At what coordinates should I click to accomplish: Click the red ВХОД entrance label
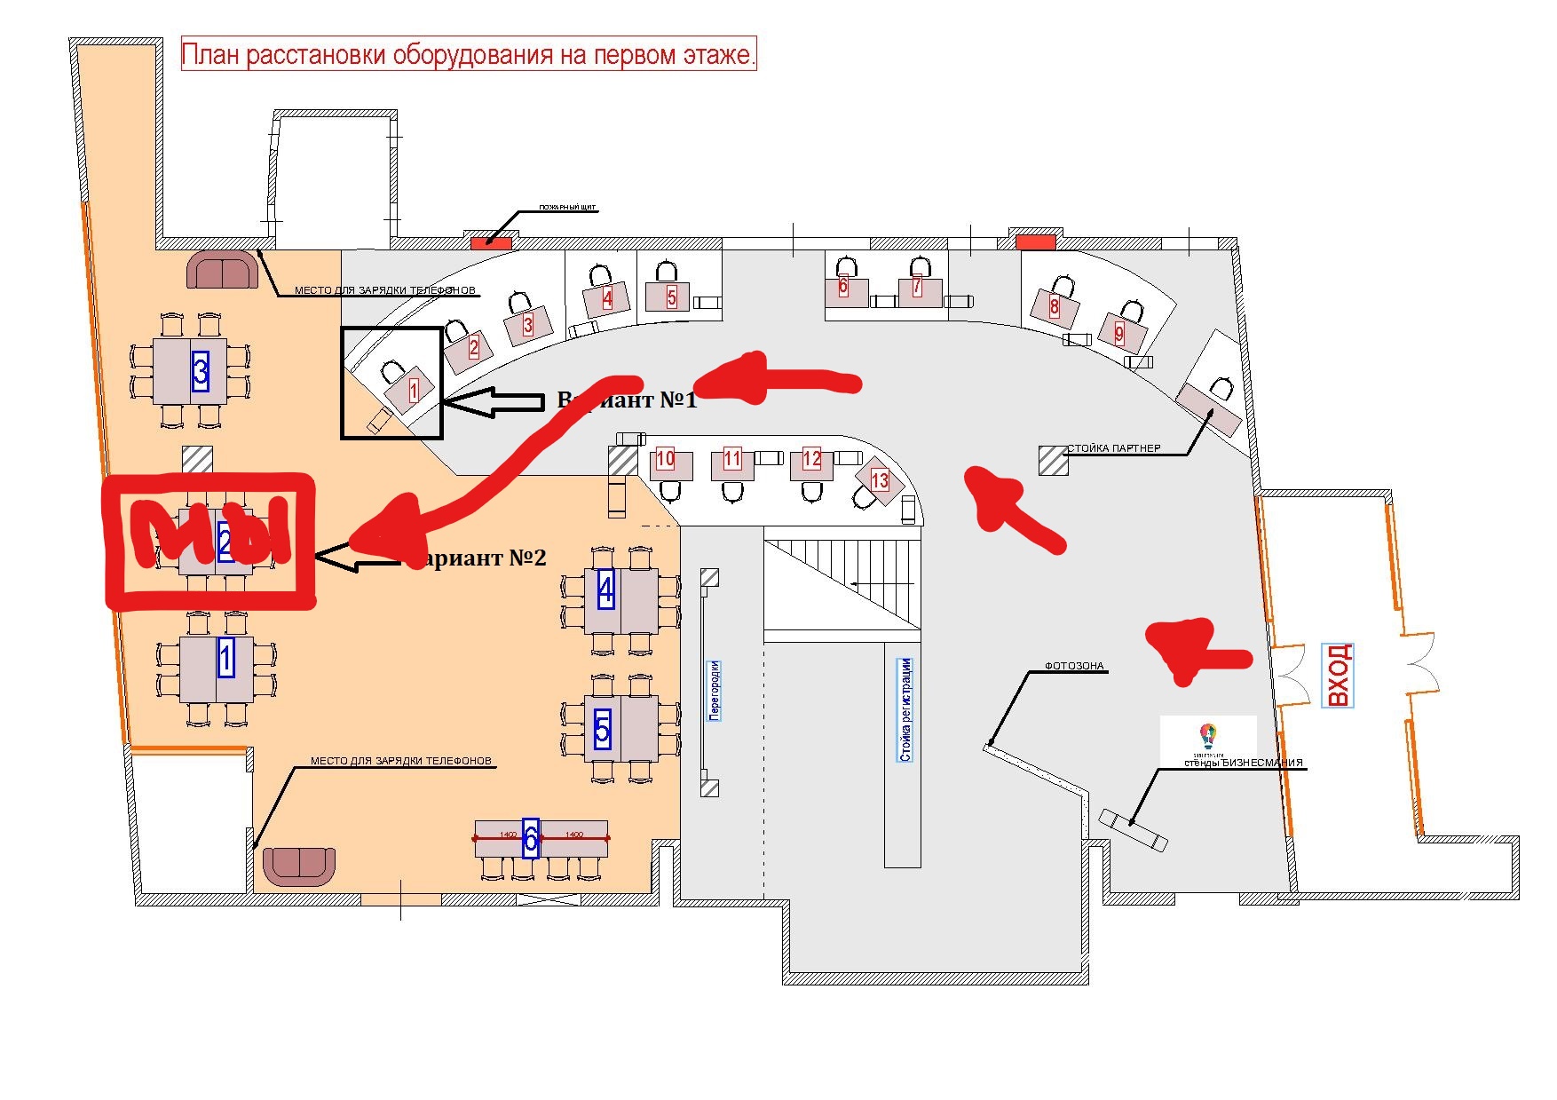point(1338,676)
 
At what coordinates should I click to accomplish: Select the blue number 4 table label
point(605,589)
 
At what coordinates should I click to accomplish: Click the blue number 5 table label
point(603,729)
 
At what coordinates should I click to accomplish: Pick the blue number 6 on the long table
point(531,837)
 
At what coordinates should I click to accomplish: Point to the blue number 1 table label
point(225,658)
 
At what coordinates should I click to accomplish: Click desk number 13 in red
point(880,480)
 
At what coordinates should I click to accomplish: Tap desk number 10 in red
point(665,459)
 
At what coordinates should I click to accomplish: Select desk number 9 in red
point(1119,334)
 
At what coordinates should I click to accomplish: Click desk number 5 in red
point(672,297)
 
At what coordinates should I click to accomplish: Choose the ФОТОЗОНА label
point(1073,666)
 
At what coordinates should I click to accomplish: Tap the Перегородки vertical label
point(715,690)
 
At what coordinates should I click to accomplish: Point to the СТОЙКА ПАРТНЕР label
point(1113,448)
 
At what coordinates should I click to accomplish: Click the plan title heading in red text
point(469,55)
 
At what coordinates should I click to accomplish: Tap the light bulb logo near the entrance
point(1206,735)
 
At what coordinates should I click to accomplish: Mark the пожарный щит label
point(568,209)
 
